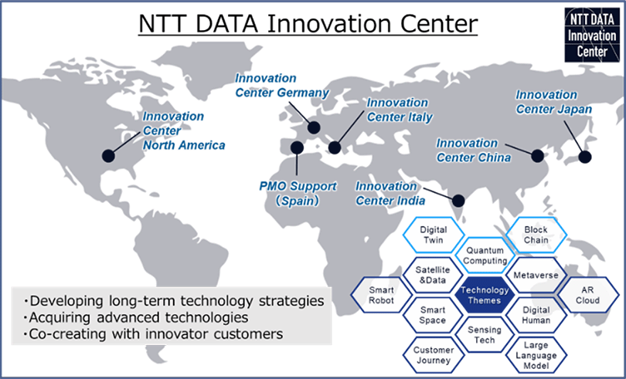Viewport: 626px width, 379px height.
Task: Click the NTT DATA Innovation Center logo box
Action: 587,36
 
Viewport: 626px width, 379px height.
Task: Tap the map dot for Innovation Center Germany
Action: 314,128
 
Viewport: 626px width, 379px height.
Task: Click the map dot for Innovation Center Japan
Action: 584,156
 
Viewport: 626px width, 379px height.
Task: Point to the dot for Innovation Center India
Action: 458,200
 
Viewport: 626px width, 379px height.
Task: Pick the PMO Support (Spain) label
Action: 298,192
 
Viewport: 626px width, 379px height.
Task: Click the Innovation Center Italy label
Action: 399,110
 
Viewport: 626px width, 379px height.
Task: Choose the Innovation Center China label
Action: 474,151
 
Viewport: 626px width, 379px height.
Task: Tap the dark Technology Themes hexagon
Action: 483,295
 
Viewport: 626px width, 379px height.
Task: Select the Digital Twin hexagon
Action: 434,235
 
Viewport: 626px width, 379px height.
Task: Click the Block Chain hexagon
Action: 536,235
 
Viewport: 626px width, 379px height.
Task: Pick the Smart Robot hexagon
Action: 382,294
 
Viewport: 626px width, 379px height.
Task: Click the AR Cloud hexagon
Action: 587,294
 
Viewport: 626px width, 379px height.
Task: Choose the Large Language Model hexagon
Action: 536,354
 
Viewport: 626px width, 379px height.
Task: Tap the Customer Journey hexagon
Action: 434,354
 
